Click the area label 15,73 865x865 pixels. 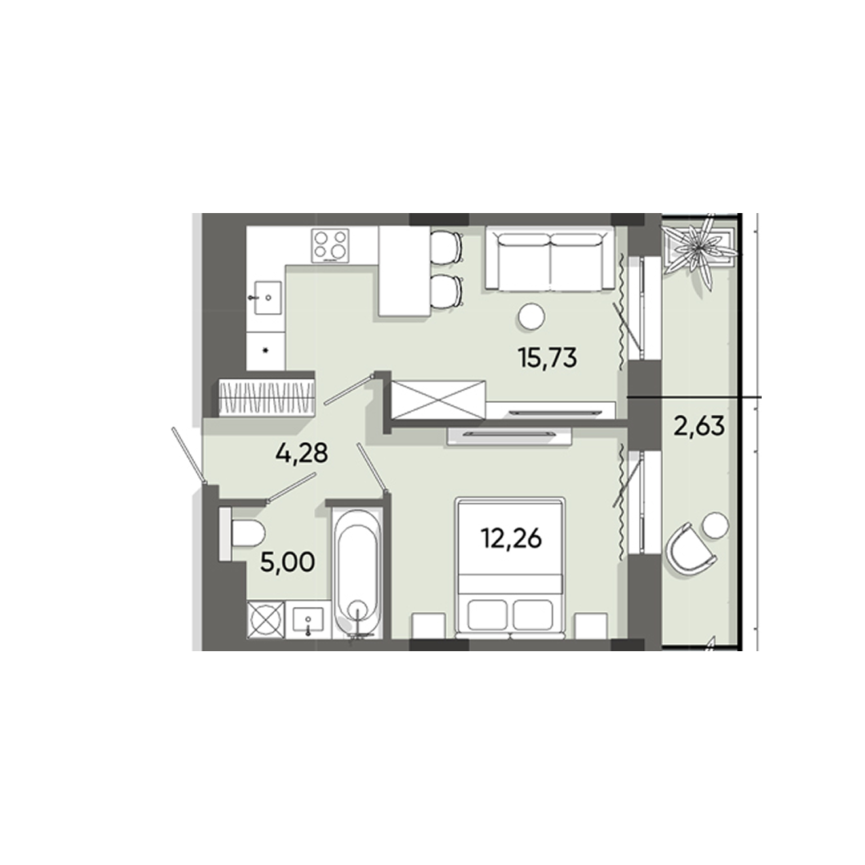pos(548,357)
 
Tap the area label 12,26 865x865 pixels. pos(511,539)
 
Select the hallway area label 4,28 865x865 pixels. pos(302,454)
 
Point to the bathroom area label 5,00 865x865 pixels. pos(286,560)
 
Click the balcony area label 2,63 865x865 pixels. pos(698,425)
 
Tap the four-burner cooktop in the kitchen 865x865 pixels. pos(331,245)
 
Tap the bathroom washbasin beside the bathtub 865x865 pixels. pos(309,619)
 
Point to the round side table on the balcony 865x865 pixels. pos(714,525)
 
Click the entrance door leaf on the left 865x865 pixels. pos(189,457)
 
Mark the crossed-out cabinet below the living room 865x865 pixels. pos(437,400)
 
